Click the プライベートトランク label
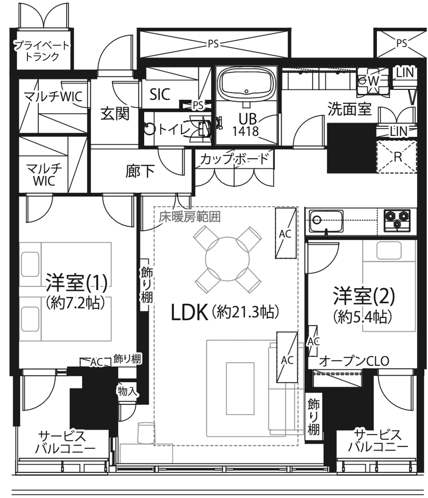(42, 51)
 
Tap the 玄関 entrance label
(115, 113)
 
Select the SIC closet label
(160, 95)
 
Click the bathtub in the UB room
(246, 84)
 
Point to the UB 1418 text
(246, 125)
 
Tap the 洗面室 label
(349, 109)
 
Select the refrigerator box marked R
(396, 157)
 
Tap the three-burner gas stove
(397, 220)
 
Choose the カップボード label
(235, 159)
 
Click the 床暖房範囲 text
(190, 217)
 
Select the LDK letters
(189, 313)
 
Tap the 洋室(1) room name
(77, 283)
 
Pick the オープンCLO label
(354, 361)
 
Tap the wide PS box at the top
(214, 43)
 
